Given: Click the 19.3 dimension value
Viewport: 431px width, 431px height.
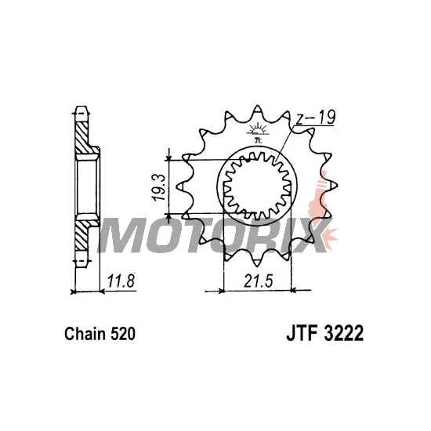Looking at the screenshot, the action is [160, 188].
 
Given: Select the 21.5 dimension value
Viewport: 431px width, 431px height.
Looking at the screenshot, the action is [258, 281].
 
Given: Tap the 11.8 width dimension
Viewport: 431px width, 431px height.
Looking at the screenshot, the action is [121, 281].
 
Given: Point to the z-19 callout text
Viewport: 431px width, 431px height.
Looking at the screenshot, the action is [316, 118].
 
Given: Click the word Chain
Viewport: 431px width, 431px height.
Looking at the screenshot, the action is [85, 334].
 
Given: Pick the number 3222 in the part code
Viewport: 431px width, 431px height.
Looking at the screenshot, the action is [343, 333].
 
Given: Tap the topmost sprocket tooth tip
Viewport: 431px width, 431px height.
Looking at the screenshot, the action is [257, 106].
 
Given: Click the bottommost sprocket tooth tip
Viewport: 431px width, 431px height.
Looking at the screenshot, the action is [257, 266].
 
